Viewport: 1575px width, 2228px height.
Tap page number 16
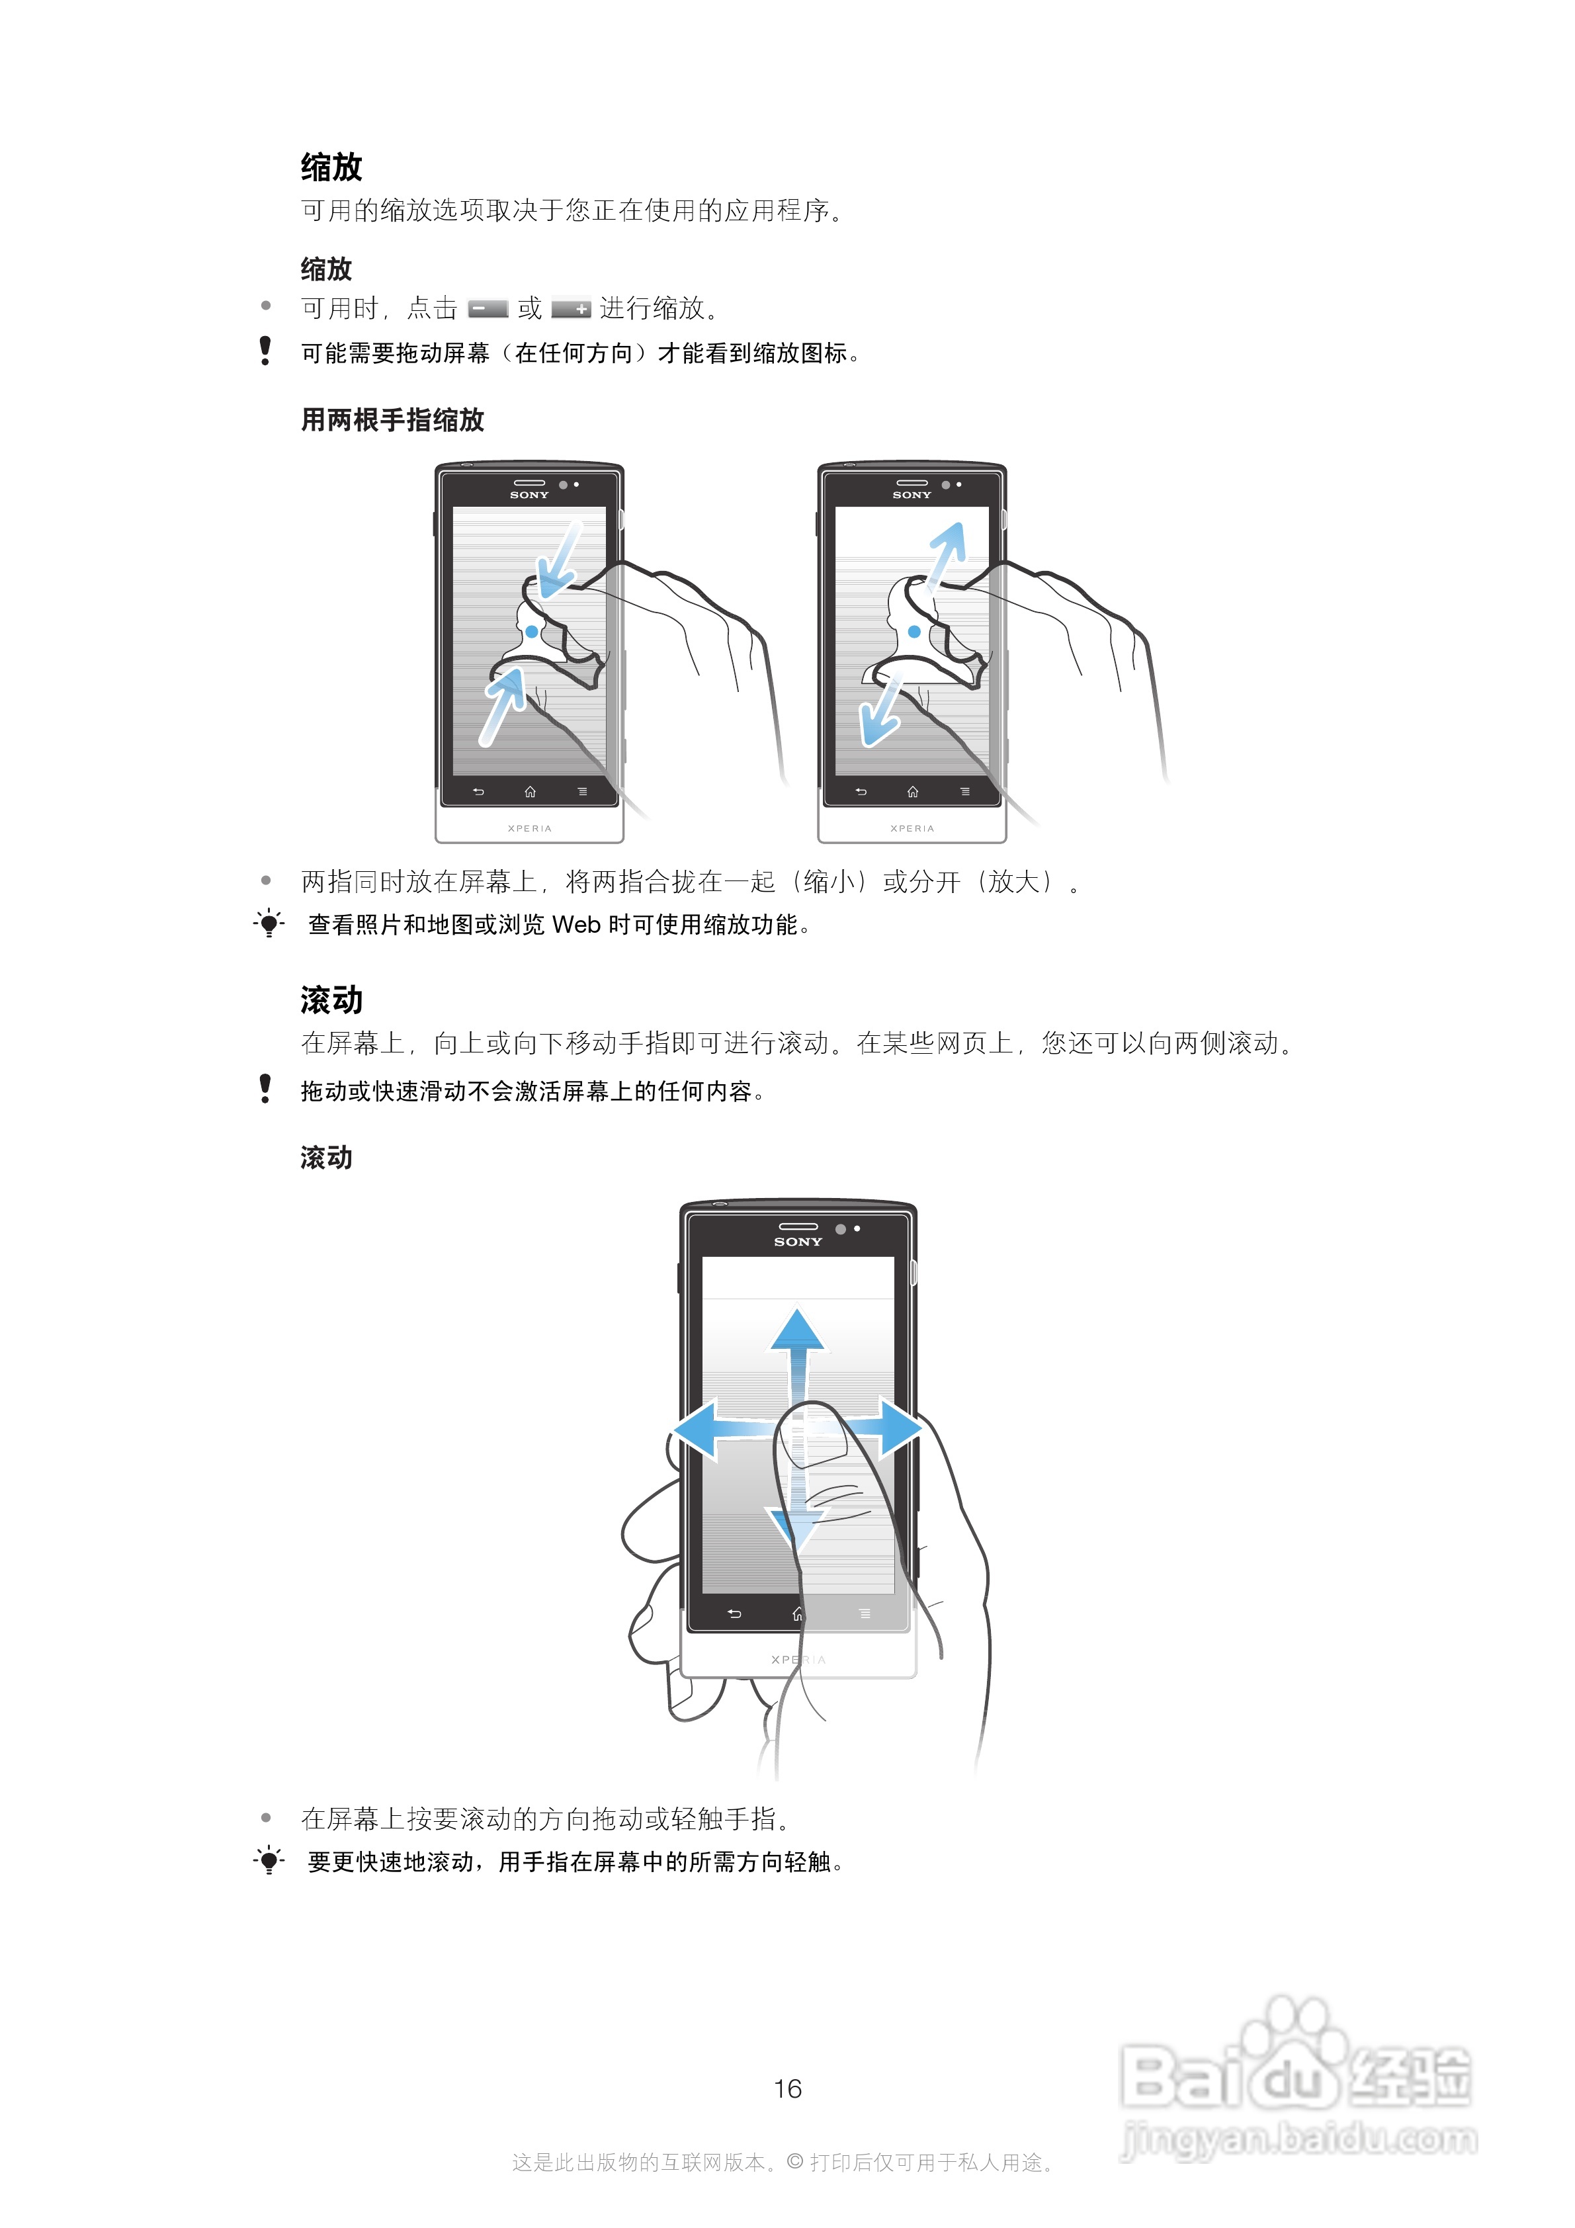[x=787, y=2088]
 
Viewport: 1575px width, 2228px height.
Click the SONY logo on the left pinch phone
[x=529, y=495]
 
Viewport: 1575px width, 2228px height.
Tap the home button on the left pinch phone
[x=530, y=792]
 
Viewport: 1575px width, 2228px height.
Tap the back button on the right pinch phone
[x=861, y=792]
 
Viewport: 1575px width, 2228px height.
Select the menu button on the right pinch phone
[x=964, y=792]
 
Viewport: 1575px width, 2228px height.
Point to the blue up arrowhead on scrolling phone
[x=798, y=1330]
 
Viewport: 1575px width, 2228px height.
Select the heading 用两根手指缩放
[x=392, y=420]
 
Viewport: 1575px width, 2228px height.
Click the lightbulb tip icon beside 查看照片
[x=269, y=923]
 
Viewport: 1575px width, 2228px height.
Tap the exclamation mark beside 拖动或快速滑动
[x=265, y=1089]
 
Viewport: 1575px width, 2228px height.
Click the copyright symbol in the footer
[x=795, y=2161]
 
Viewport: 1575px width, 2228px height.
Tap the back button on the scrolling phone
[x=735, y=1613]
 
